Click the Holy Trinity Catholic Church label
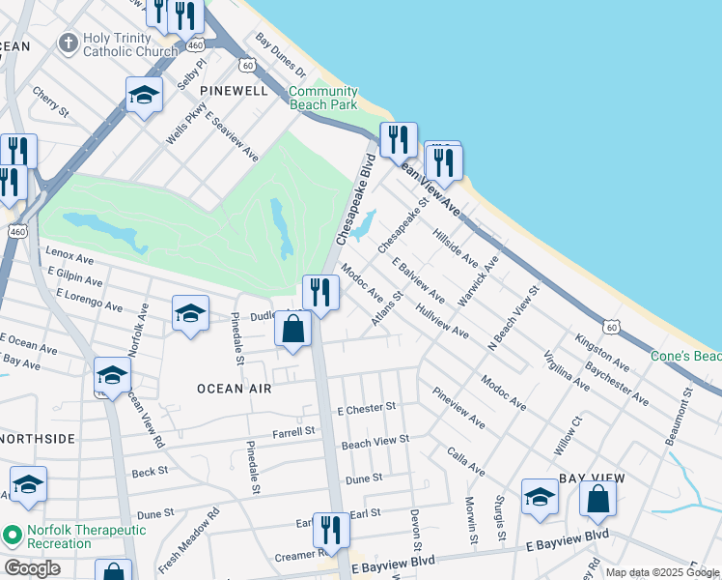[x=119, y=44]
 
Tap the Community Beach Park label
[x=323, y=98]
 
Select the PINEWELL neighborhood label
[x=233, y=89]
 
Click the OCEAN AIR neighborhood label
[x=234, y=388]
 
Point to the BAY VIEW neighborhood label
[x=592, y=478]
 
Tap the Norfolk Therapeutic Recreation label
[x=73, y=536]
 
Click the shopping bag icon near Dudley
[x=293, y=329]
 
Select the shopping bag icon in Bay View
[x=597, y=499]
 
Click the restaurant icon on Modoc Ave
[x=320, y=292]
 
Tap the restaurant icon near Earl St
[x=331, y=531]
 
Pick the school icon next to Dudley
[x=191, y=313]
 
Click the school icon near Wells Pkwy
[x=144, y=95]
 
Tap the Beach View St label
[x=375, y=441]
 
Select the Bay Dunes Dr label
[x=280, y=56]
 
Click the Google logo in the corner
[x=32, y=568]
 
